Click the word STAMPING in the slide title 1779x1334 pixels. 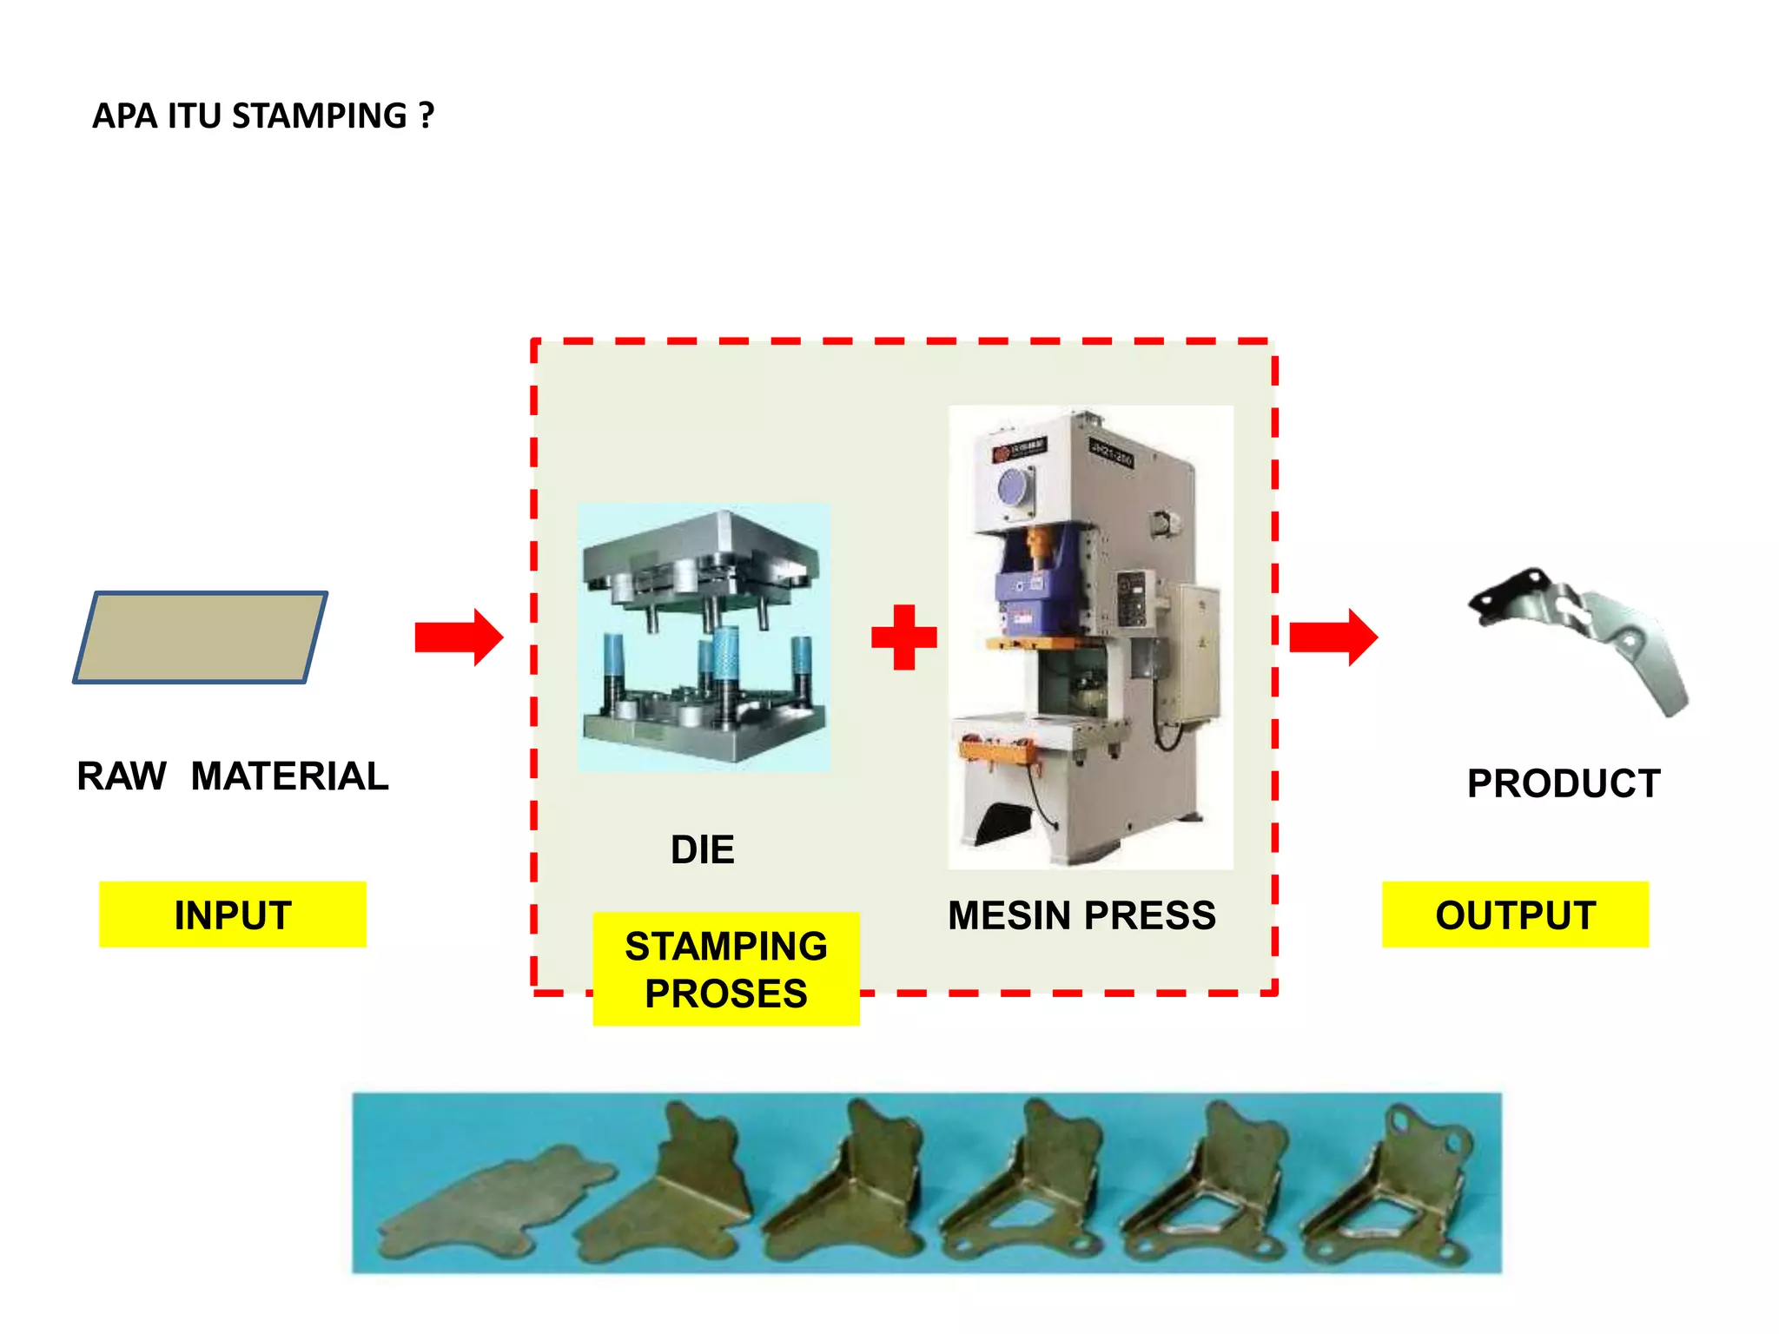(319, 116)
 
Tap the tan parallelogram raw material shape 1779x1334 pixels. (201, 637)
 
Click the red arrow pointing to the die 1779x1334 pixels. (459, 637)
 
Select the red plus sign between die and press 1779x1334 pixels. (904, 637)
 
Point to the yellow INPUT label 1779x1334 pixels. (233, 915)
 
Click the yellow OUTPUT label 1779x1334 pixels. (1515, 915)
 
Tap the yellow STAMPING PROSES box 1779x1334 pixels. (726, 969)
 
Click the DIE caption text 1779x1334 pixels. (702, 849)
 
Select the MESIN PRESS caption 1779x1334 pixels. (1081, 915)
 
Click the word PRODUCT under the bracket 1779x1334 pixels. (1564, 783)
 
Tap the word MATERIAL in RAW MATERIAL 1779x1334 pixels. (289, 776)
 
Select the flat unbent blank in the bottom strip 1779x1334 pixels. (495, 1199)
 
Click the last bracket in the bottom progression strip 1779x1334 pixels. (1390, 1190)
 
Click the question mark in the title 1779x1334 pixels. (426, 116)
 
